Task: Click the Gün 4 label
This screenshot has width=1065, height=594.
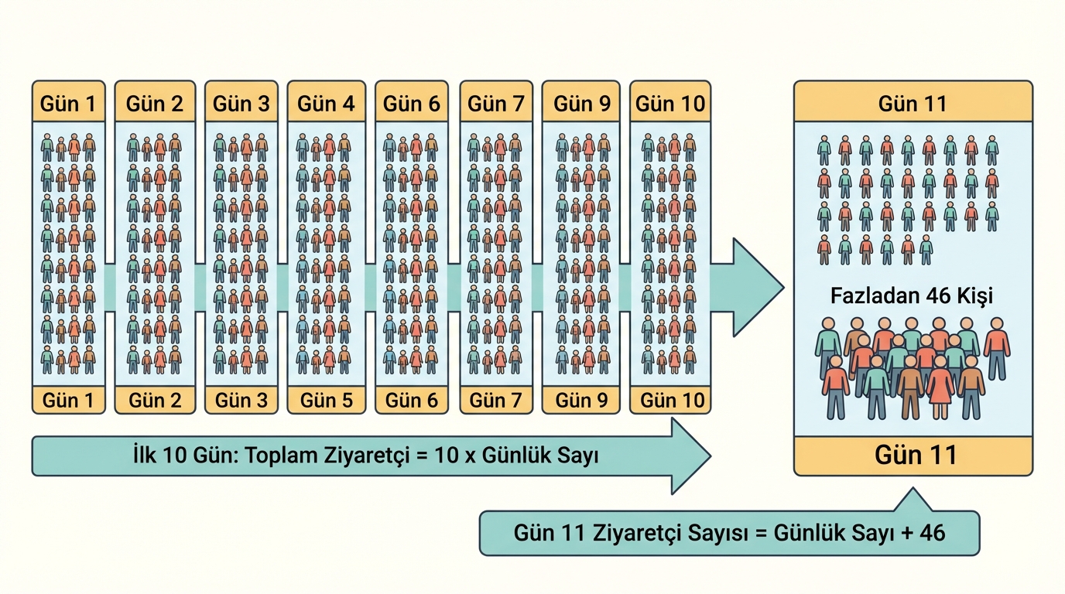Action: [x=327, y=104]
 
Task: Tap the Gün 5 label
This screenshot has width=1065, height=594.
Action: [x=327, y=400]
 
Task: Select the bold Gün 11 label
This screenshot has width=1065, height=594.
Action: [x=915, y=455]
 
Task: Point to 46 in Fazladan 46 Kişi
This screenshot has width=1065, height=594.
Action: [x=938, y=295]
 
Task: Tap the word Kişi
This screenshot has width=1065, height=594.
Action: [x=974, y=295]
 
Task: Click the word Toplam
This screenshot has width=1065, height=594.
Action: [x=280, y=456]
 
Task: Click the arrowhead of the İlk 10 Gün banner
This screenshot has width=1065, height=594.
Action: [x=689, y=456]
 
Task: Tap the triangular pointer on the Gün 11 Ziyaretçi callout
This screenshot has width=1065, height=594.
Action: [x=913, y=501]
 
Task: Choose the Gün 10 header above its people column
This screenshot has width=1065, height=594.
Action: [x=670, y=104]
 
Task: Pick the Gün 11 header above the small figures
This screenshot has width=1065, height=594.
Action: [x=913, y=104]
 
